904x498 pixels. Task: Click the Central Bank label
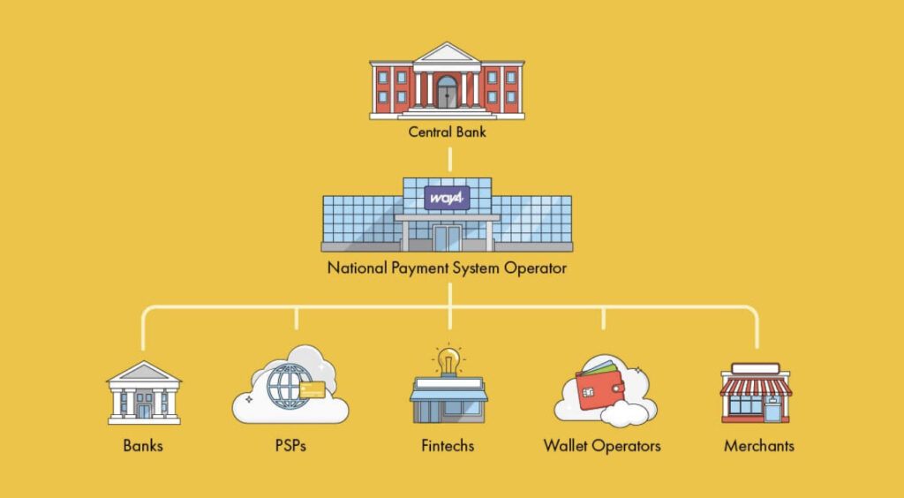tap(447, 133)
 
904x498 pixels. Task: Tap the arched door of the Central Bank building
tap(447, 92)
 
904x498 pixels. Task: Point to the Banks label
tap(143, 445)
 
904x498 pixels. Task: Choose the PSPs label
tap(290, 445)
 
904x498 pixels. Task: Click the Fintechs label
tap(448, 445)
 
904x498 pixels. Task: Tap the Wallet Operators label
tap(602, 445)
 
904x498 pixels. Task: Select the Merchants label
tap(758, 445)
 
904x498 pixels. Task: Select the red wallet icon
tap(600, 389)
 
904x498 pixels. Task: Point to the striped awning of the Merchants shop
tap(757, 386)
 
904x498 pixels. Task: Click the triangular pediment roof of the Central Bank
tap(447, 55)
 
